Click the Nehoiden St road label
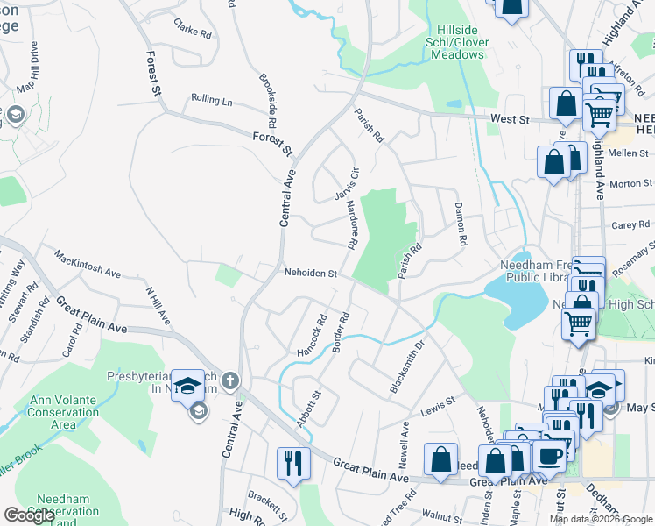point(310,274)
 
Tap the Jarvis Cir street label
point(347,182)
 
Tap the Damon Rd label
point(460,223)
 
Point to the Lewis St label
point(438,405)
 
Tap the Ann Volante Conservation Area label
point(66,412)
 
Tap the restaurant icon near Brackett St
point(292,461)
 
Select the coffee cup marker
point(550,455)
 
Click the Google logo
point(29,515)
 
